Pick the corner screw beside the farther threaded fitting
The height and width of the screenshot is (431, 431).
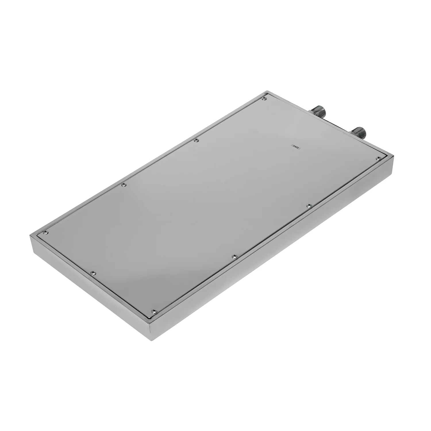point(265,99)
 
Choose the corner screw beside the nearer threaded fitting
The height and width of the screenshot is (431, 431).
point(378,158)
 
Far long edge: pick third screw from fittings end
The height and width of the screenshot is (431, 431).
point(124,185)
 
